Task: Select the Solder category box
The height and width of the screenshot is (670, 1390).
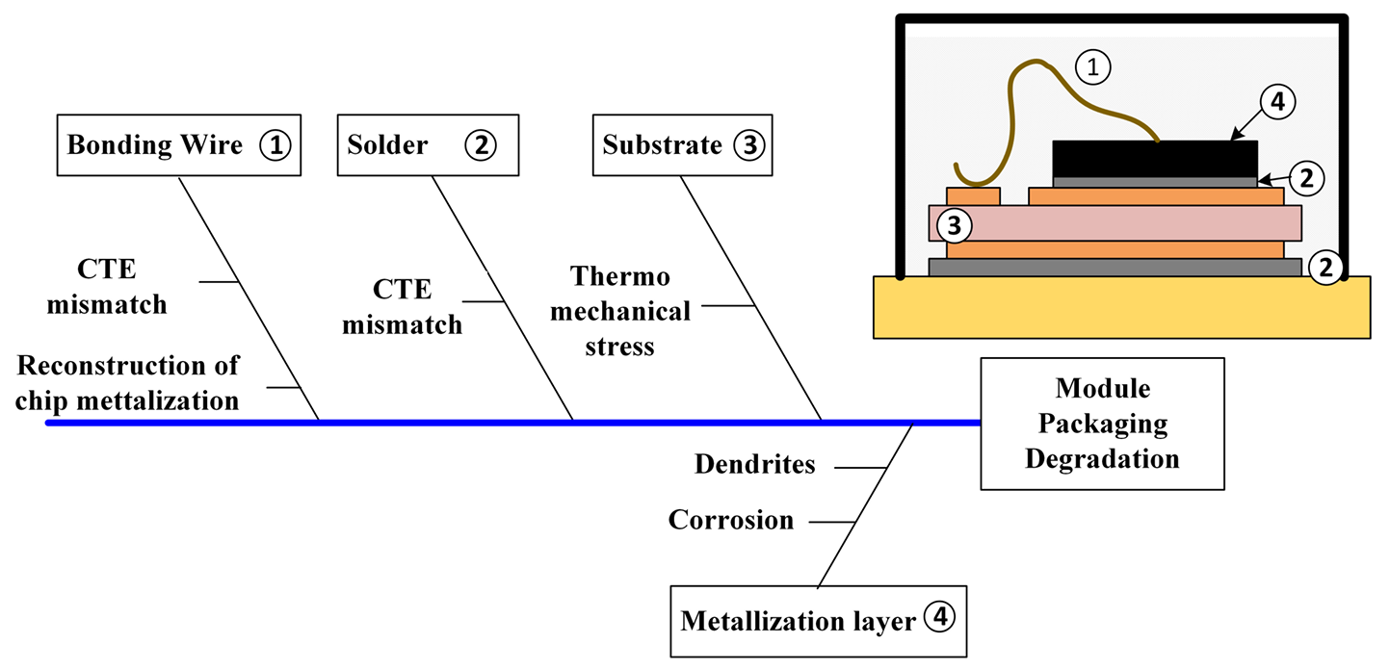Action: tap(422, 145)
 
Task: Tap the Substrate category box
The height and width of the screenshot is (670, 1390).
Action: tap(681, 145)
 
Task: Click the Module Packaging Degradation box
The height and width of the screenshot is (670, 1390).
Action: tap(1102, 424)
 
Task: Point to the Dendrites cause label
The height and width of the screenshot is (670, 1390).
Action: tap(754, 465)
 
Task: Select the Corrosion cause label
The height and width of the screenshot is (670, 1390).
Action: tap(731, 521)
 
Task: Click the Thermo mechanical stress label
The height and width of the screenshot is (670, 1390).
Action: tap(631, 311)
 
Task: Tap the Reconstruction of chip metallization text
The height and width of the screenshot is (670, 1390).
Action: tap(128, 382)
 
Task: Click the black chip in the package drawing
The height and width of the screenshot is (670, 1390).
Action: tap(1154, 158)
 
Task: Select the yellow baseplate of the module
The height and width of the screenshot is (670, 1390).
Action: tap(1121, 308)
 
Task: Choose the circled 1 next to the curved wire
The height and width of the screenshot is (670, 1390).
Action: tap(1092, 66)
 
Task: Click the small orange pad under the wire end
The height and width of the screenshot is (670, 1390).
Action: tap(973, 196)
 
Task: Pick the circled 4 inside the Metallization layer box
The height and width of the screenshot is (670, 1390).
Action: tap(939, 619)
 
